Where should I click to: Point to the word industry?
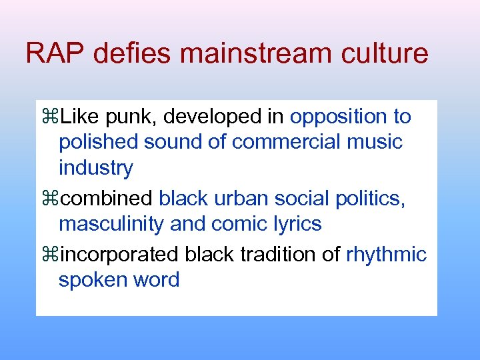95,167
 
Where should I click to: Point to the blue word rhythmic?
386,255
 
